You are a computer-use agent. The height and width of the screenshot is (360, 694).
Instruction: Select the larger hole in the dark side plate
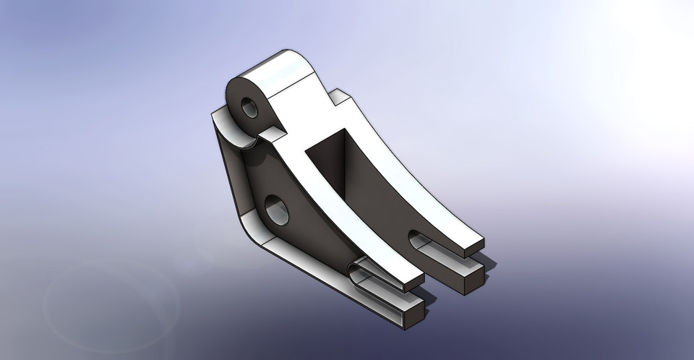[x=276, y=209]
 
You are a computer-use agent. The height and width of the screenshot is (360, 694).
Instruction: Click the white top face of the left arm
[x=333, y=217]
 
